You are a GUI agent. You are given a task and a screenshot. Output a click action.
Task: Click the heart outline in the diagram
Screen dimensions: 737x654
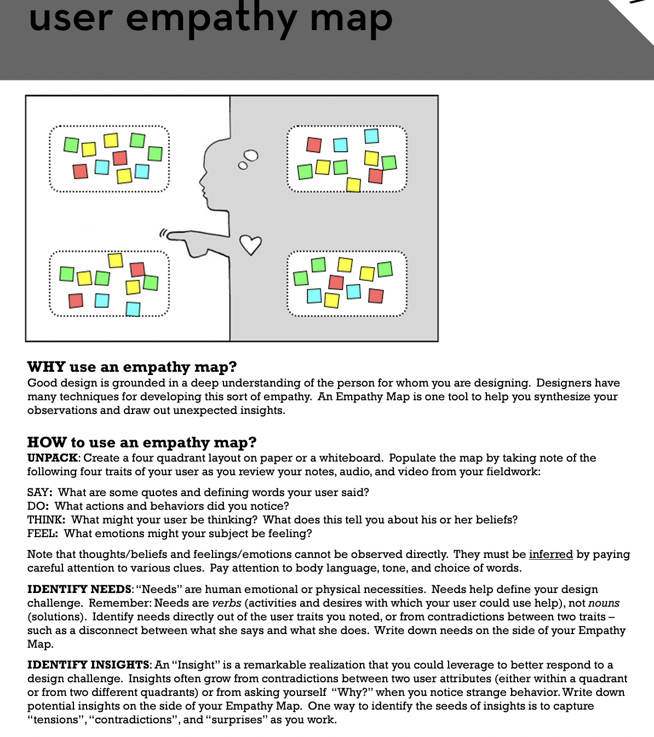251,245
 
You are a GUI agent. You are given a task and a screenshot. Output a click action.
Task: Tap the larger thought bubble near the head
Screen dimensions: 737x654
251,156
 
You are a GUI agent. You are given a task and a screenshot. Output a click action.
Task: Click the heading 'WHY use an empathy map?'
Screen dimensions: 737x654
132,367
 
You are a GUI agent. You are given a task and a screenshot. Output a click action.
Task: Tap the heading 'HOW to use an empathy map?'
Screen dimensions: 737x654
142,442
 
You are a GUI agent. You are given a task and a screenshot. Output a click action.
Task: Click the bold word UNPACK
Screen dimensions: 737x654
52,458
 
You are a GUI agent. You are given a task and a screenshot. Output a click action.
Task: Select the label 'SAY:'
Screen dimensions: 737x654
40,493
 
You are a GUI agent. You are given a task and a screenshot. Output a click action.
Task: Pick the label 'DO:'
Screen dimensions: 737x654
38,506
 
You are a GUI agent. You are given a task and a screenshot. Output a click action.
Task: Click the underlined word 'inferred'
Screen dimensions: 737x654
550,555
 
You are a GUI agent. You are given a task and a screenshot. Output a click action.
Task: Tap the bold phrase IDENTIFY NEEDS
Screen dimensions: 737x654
79,590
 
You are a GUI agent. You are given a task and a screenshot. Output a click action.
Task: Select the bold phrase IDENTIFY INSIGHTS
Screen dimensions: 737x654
88,665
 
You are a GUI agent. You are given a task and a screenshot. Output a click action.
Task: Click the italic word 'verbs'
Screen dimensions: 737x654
227,603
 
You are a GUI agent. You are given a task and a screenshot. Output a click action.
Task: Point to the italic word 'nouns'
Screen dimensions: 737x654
604,603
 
